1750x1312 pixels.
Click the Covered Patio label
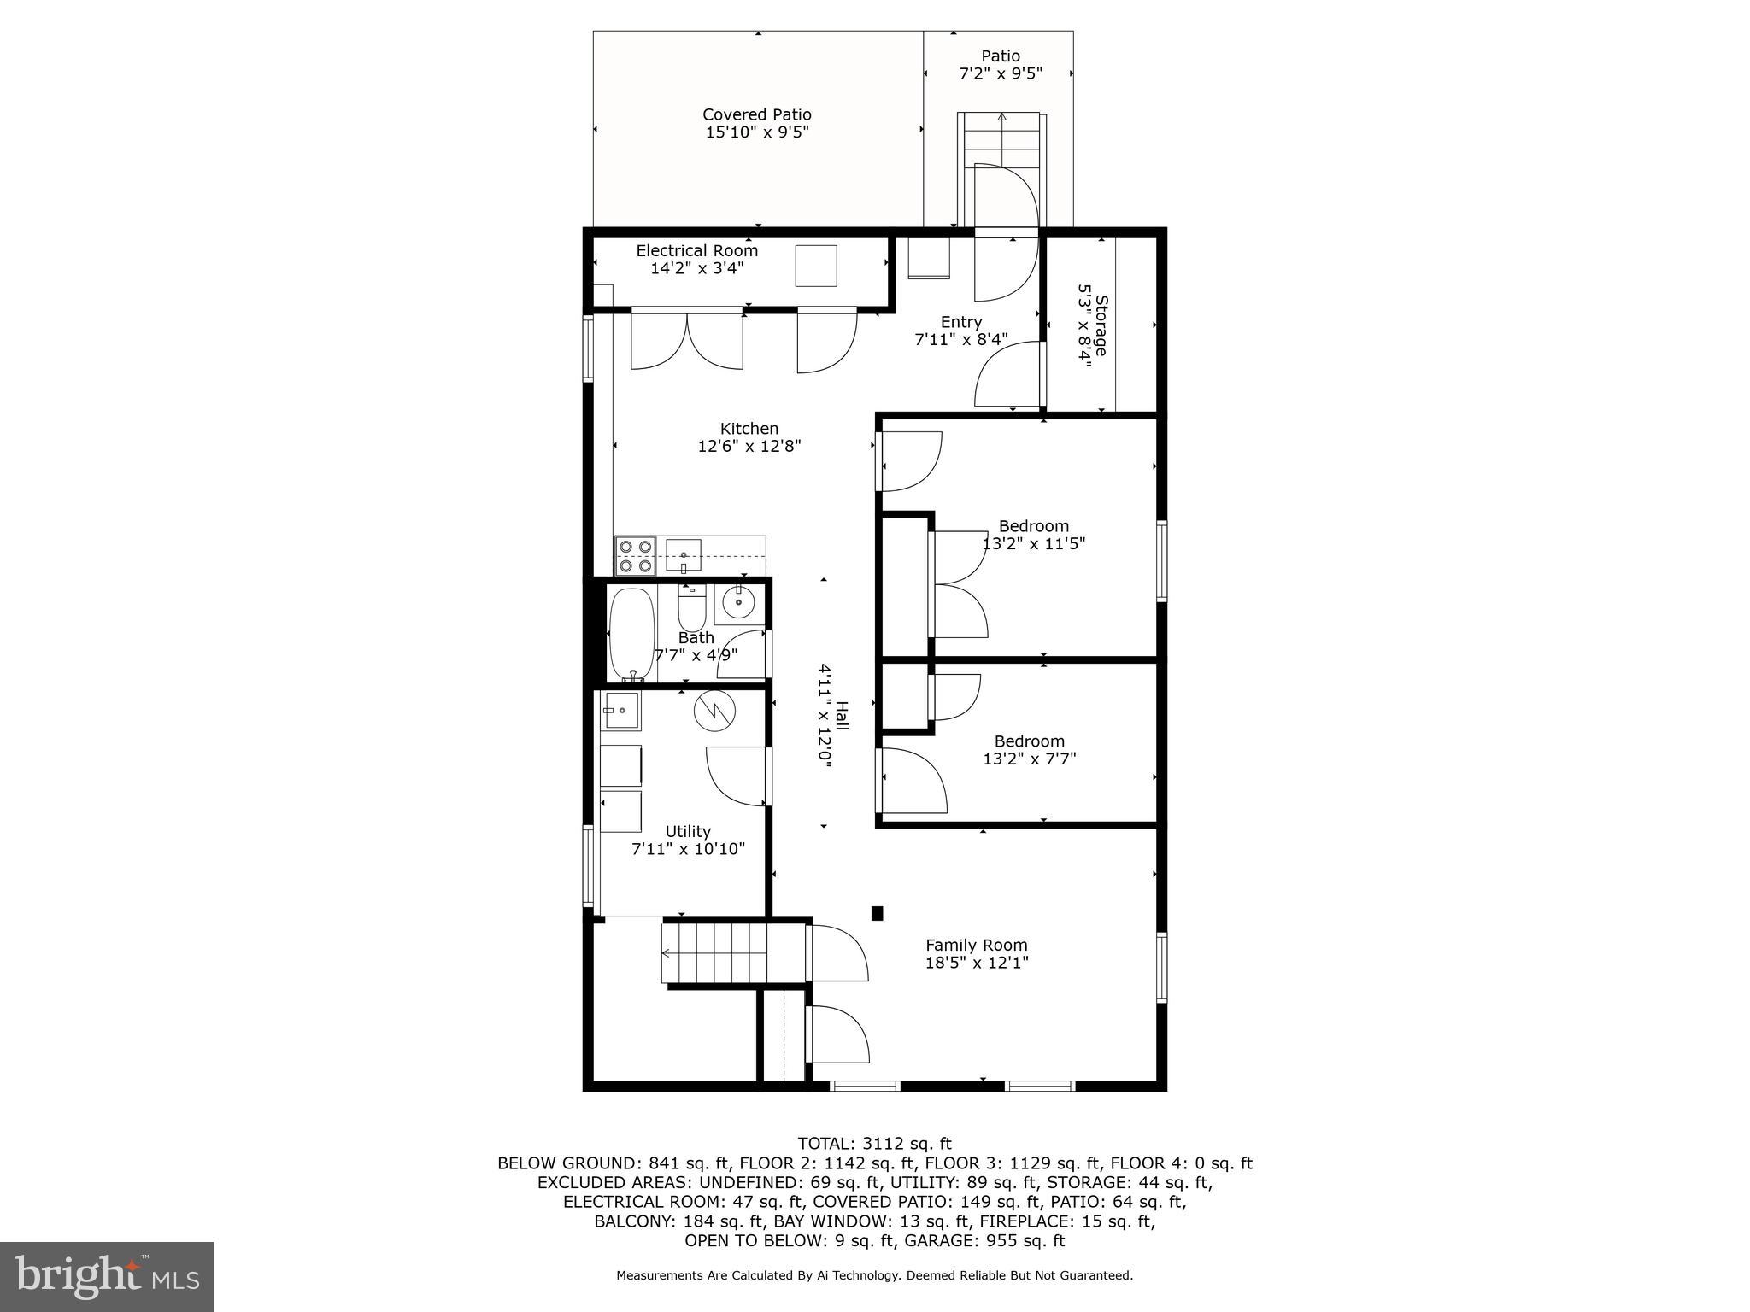pyautogui.click(x=756, y=114)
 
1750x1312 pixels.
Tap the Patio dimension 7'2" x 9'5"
pyautogui.click(x=1000, y=74)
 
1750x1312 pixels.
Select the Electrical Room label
pyautogui.click(x=696, y=251)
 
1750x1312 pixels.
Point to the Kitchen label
pyautogui.click(x=749, y=429)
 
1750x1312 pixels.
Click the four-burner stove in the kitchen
pyautogui.click(x=635, y=556)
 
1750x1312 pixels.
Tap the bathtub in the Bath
pyautogui.click(x=631, y=633)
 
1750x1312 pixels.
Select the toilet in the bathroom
pyautogui.click(x=690, y=608)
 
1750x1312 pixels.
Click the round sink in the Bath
pyautogui.click(x=737, y=603)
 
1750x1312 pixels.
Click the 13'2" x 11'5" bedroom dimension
pyautogui.click(x=1033, y=543)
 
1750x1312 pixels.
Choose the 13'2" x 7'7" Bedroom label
pyautogui.click(x=1029, y=741)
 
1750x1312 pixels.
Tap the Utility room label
pyautogui.click(x=688, y=831)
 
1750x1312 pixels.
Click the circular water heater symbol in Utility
pyautogui.click(x=714, y=711)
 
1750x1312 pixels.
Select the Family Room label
pyautogui.click(x=976, y=945)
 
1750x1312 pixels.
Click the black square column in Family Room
pyautogui.click(x=877, y=913)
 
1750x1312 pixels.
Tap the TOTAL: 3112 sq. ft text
pyautogui.click(x=874, y=1144)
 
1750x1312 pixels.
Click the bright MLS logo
pyautogui.click(x=107, y=1277)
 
